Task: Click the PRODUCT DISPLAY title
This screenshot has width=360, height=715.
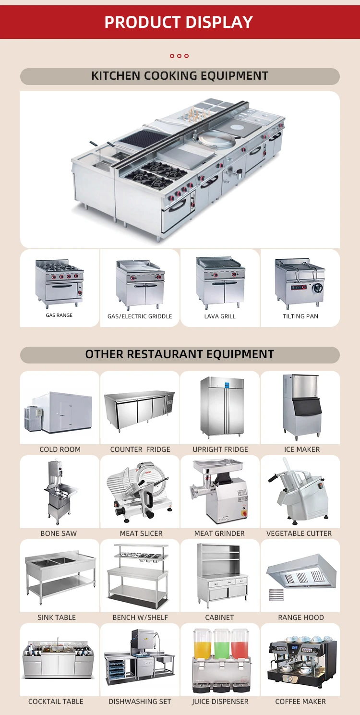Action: click(179, 22)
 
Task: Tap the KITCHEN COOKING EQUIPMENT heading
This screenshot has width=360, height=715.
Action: click(180, 76)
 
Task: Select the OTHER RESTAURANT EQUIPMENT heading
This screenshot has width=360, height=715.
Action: click(180, 354)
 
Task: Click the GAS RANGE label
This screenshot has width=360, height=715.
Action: click(60, 315)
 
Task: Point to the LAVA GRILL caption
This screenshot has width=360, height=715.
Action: click(220, 316)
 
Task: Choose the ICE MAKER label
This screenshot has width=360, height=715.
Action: click(301, 449)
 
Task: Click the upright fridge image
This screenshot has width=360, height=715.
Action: click(222, 407)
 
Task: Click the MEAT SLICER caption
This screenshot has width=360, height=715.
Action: click(141, 533)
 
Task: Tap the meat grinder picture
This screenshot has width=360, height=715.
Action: click(219, 491)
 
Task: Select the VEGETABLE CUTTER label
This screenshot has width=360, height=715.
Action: click(299, 533)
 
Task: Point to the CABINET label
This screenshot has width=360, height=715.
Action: click(219, 618)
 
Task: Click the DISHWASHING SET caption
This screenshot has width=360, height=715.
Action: click(140, 702)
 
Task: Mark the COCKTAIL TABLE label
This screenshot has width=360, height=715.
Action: click(56, 702)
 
